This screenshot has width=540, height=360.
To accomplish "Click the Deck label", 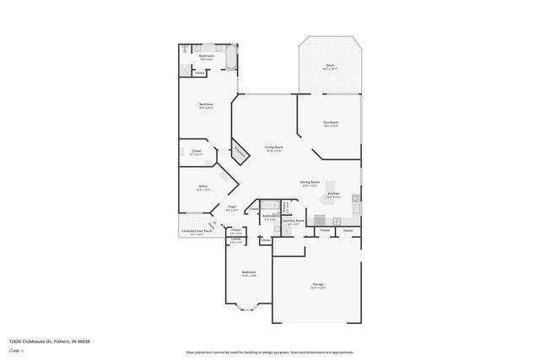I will coord(331,66).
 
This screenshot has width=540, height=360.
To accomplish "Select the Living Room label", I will coord(273,148).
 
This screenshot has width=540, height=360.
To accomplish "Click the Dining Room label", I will coord(310,182).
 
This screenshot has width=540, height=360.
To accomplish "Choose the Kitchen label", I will coord(333,194).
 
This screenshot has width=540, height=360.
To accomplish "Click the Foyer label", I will coord(232,207).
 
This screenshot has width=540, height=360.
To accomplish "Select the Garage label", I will coord(318,285).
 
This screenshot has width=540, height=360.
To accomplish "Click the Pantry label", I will coord(286,207).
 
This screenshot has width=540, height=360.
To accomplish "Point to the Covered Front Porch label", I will coord(192,233).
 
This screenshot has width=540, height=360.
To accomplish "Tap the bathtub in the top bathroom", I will coord(230,58).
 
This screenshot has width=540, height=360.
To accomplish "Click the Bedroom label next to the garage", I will coord(249,272).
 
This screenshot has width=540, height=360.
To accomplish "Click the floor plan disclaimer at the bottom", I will coord(269,352).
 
